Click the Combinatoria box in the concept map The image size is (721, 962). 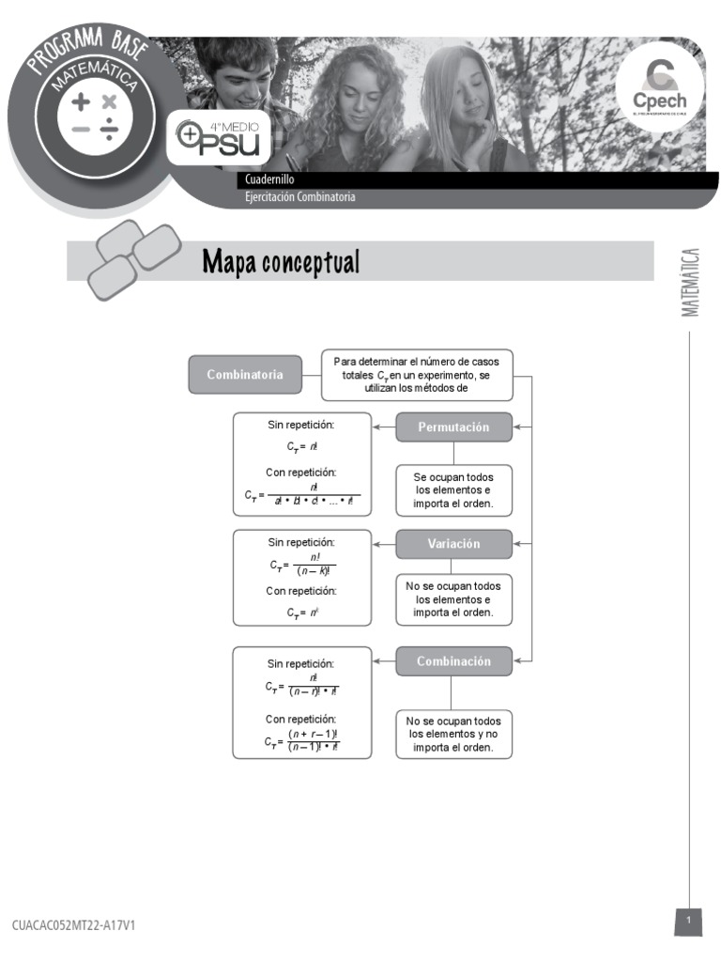(x=245, y=374)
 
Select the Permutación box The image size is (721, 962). (x=453, y=427)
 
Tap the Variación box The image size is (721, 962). (x=453, y=544)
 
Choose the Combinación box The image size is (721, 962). (x=453, y=661)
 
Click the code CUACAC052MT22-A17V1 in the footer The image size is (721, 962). (x=73, y=925)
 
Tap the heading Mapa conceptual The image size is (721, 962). (x=281, y=262)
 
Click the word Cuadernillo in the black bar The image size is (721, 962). (x=269, y=179)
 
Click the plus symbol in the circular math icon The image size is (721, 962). (x=82, y=101)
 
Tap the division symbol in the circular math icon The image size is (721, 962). (x=110, y=130)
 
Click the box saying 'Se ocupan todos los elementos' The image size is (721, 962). (x=453, y=490)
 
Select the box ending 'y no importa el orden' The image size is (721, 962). (x=453, y=735)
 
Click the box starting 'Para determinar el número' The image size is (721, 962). (x=417, y=374)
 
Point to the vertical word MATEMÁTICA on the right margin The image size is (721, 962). (x=691, y=282)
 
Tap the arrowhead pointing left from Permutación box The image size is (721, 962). (x=377, y=427)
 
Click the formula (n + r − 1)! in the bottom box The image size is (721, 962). (x=313, y=734)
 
